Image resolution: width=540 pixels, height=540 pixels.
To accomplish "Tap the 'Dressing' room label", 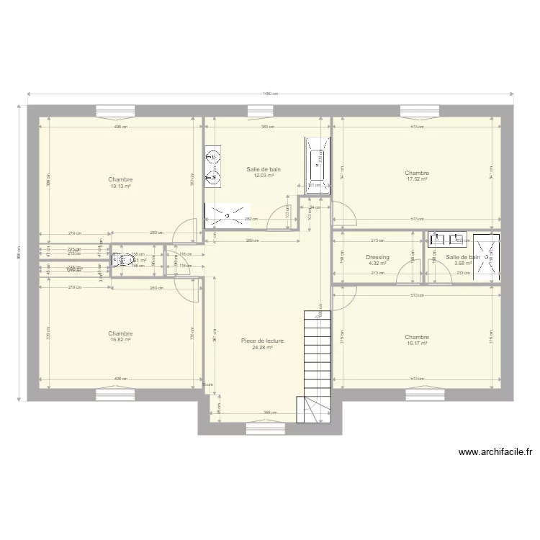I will pyautogui.click(x=377, y=257).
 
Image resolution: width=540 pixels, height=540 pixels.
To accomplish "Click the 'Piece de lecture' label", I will pyautogui.click(x=262, y=341).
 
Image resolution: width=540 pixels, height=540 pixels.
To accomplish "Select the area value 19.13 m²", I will pyautogui.click(x=120, y=186).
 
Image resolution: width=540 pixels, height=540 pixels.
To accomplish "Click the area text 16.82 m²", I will pyautogui.click(x=120, y=340).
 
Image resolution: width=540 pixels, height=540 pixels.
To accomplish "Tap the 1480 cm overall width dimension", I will pyautogui.click(x=270, y=94).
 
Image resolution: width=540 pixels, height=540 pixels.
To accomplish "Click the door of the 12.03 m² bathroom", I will pyautogui.click(x=276, y=218).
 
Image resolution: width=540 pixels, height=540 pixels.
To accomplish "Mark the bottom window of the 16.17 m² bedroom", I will pyautogui.click(x=420, y=394).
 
